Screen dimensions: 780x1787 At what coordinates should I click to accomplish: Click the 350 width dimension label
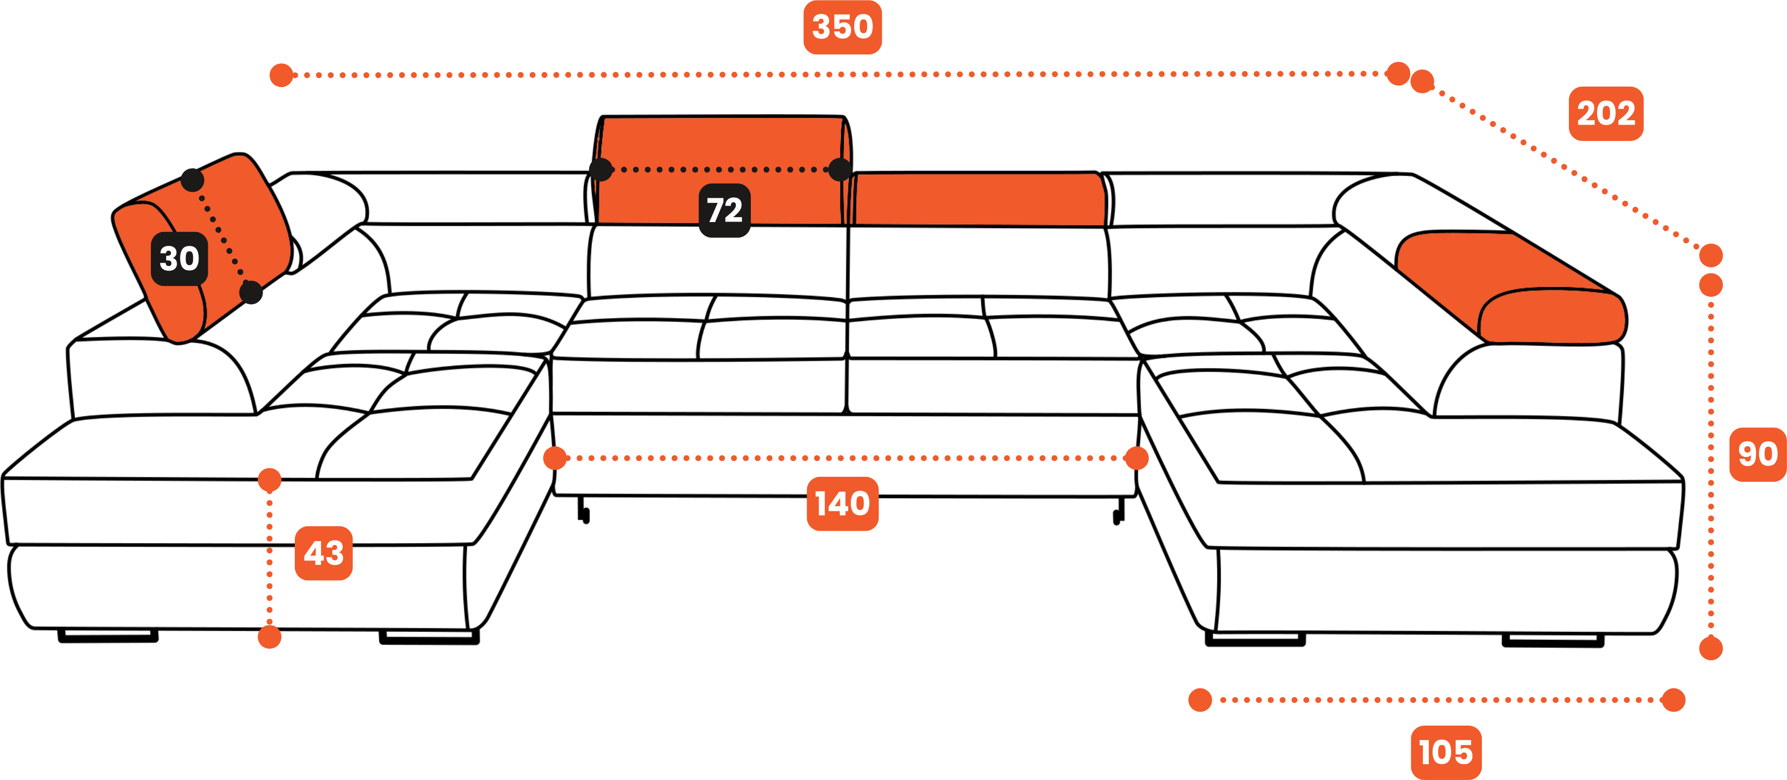point(842,27)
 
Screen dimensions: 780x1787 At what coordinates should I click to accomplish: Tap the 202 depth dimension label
point(1605,113)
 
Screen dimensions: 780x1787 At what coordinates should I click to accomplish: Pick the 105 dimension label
point(1446,752)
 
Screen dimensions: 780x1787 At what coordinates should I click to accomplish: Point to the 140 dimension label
point(842,504)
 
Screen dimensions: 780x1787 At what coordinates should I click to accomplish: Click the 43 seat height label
point(323,553)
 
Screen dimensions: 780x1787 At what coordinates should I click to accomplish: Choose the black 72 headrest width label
point(724,210)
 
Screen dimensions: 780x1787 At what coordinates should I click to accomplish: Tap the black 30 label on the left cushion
point(179,259)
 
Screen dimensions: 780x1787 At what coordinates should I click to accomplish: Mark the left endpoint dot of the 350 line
point(281,75)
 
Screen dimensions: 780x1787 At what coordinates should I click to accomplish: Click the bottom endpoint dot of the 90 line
point(1711,648)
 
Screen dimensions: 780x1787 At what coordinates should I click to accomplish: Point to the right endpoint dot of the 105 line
point(1673,699)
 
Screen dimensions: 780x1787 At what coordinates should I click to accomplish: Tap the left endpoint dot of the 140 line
point(555,458)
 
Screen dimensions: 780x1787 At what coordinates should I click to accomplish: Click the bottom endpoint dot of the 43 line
point(269,637)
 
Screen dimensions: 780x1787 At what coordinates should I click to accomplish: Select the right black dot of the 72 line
point(839,169)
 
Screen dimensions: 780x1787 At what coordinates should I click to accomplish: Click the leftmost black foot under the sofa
point(107,636)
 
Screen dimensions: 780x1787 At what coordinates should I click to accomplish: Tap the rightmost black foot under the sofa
point(1553,640)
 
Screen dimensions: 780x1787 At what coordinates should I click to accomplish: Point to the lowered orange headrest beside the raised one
point(978,200)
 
